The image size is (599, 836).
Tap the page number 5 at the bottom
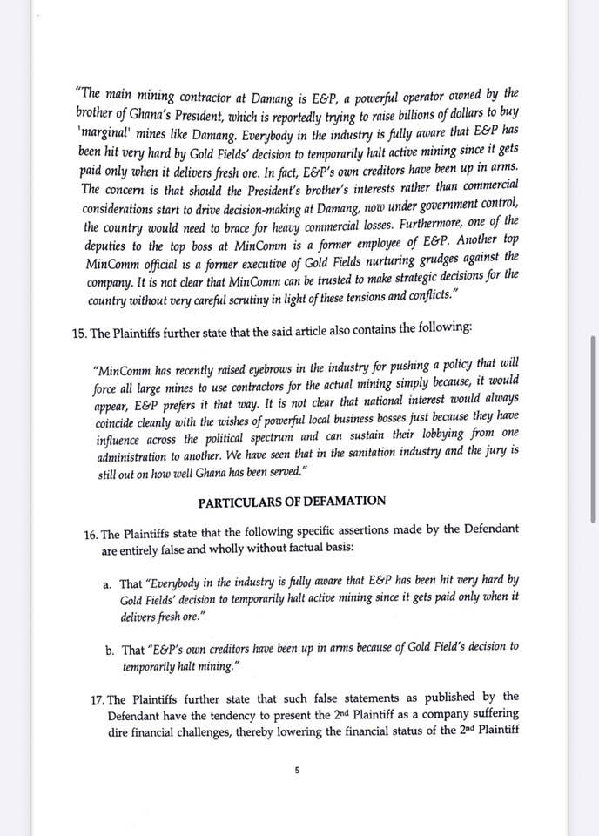(297, 769)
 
